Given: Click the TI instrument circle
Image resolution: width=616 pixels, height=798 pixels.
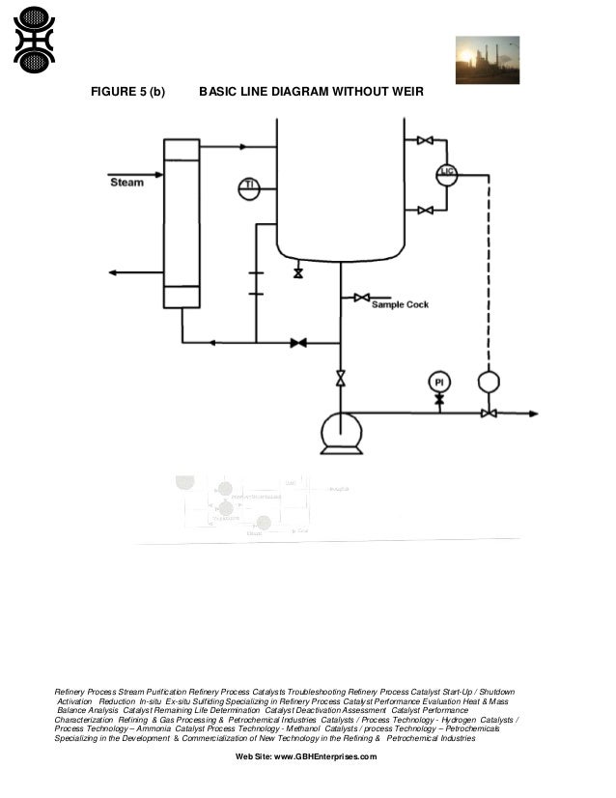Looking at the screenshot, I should click(249, 188).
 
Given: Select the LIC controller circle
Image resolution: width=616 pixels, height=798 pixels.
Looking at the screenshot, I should click(446, 174).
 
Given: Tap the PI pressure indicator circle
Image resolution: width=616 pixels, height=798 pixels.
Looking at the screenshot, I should click(438, 384).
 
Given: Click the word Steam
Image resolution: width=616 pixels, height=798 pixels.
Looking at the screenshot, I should click(126, 182).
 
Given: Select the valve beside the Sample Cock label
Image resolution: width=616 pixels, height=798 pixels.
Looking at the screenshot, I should click(361, 298).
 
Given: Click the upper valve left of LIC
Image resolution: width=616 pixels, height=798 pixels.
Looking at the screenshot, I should click(424, 141).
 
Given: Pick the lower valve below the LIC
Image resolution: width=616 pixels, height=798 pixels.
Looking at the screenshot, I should click(424, 210).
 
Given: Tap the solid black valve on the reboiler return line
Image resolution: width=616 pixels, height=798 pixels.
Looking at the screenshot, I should click(298, 342).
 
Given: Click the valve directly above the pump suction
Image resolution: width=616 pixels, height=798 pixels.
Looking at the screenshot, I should click(340, 379).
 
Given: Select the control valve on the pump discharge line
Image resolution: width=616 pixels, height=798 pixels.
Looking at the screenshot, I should click(489, 413).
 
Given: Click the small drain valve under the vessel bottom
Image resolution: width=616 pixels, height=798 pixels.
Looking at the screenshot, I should click(297, 273).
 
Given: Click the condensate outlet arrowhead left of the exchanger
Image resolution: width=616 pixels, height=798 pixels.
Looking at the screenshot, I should click(113, 273).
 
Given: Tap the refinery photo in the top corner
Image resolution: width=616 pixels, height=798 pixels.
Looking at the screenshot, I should click(487, 60).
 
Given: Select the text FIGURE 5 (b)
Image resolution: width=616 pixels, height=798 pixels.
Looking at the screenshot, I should click(127, 92).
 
